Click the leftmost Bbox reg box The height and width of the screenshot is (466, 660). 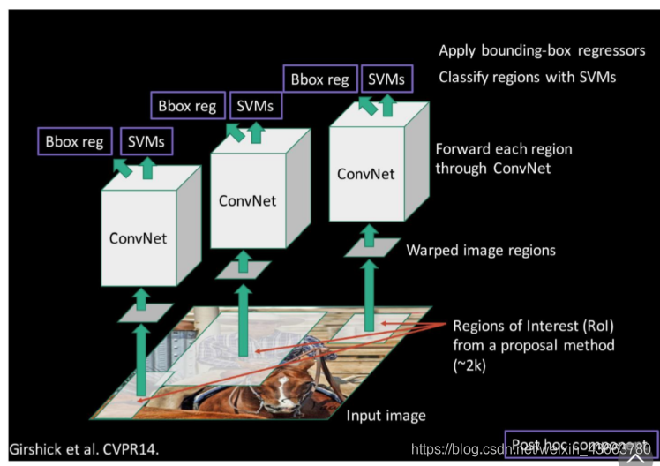tap(75, 141)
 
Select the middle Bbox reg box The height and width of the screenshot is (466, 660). tap(187, 106)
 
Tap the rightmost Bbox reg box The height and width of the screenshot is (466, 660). tap(319, 79)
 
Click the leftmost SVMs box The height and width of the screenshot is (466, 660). tap(146, 141)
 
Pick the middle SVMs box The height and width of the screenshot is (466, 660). tap(254, 106)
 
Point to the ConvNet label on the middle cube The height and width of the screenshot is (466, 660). tap(247, 200)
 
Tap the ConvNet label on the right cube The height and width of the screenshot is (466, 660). tap(365, 174)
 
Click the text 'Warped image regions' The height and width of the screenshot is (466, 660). tap(481, 251)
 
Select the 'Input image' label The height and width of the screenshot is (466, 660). tap(386, 416)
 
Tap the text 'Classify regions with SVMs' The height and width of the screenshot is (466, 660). tap(527, 78)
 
